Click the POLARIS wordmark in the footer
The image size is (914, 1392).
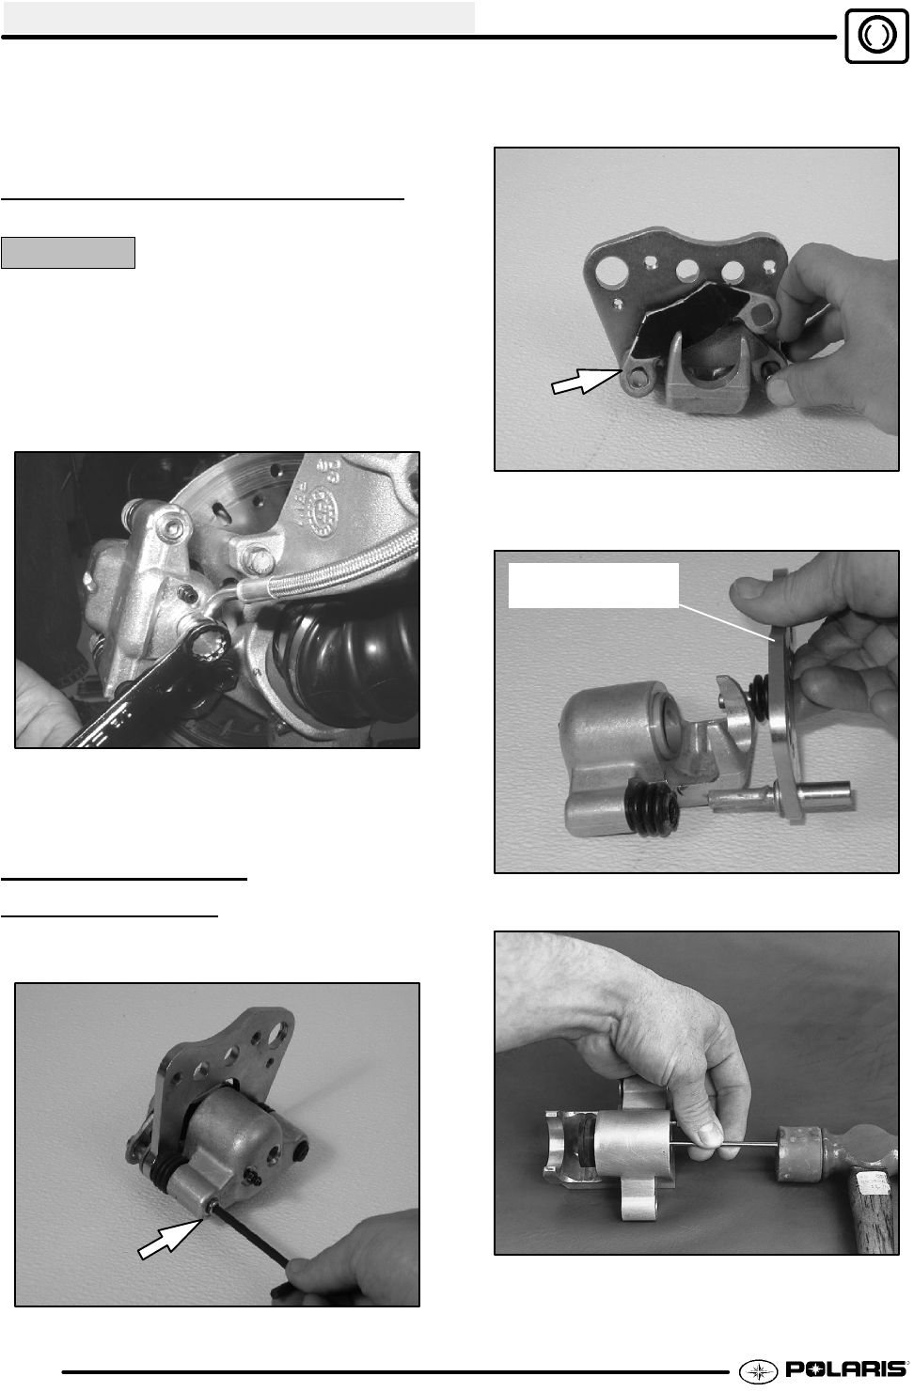click(x=845, y=1369)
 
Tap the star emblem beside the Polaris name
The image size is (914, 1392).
click(x=758, y=1369)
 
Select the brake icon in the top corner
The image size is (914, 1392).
click(x=876, y=36)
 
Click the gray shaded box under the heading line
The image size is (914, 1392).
click(x=68, y=252)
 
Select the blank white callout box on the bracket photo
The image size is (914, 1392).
click(x=593, y=585)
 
